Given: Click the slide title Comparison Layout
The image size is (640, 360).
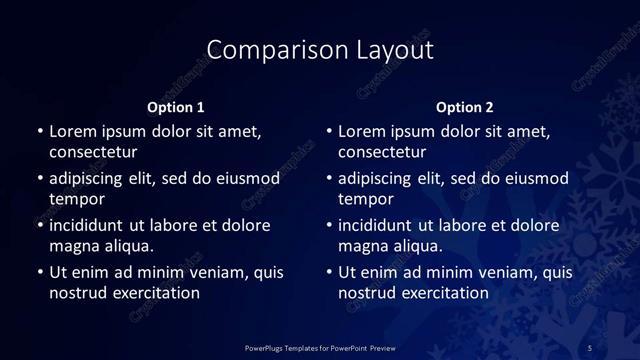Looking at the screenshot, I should [320, 49].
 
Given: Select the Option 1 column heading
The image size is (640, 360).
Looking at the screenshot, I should [175, 107].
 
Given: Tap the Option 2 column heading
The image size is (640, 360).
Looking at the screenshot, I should [465, 107].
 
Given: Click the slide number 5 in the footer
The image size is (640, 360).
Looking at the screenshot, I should [590, 347].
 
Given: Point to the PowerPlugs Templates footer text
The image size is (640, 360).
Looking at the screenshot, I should [320, 347].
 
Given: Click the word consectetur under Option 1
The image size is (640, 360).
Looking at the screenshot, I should [93, 152].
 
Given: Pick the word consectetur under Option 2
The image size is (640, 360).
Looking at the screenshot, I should [382, 152].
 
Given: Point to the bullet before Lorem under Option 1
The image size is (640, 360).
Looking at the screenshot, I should [40, 132].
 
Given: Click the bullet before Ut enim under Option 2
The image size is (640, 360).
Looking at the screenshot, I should [329, 273].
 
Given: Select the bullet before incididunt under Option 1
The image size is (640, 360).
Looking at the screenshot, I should [40, 226].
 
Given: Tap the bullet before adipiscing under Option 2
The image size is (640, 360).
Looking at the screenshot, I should [329, 179].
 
